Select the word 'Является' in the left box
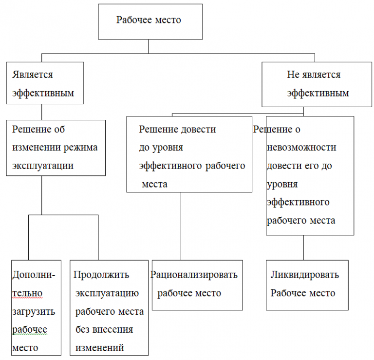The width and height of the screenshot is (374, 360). [33, 75]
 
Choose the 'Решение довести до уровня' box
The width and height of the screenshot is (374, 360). [189, 154]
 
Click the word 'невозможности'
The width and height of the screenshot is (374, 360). [301, 147]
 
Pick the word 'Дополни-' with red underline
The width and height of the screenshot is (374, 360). [34, 275]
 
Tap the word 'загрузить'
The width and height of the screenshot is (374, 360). [34, 311]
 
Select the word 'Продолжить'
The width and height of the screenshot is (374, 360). [101, 275]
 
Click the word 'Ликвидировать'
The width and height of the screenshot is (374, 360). [304, 275]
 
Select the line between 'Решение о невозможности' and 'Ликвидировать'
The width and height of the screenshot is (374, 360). [304, 247]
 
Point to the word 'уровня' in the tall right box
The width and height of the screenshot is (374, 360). [282, 184]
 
